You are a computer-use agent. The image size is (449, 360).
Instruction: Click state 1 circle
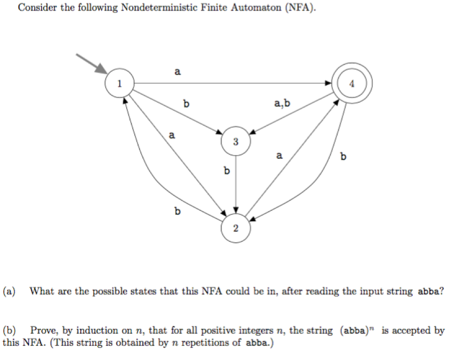(119, 83)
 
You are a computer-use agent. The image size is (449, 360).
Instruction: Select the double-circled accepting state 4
(352, 83)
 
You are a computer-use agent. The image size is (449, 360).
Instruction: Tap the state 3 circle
(235, 142)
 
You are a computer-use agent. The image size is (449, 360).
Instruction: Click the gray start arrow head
(101, 69)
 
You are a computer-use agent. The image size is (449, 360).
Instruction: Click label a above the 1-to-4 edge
(177, 72)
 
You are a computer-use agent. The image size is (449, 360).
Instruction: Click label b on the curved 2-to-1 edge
(177, 211)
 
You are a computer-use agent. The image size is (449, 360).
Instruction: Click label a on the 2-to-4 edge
(279, 156)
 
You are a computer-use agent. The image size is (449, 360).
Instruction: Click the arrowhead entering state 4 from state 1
(328, 83)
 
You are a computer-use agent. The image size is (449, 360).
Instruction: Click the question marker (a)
(10, 291)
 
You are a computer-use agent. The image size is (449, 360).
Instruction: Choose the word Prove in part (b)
(41, 330)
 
